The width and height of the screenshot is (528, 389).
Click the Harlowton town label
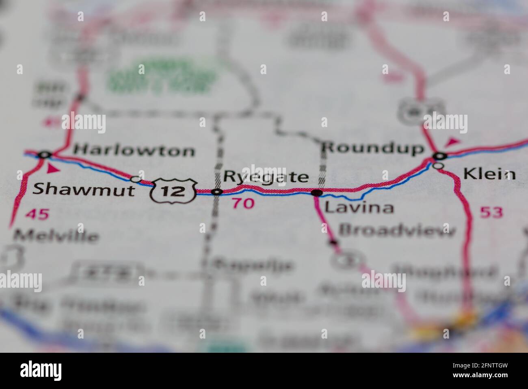(134, 151)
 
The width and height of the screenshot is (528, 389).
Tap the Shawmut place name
(83, 189)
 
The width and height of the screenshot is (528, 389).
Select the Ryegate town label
(266, 177)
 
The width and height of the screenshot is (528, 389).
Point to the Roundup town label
(372, 148)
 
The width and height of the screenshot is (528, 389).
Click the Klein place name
(489, 174)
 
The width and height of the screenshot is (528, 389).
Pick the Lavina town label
(359, 208)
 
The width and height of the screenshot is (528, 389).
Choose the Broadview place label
(397, 230)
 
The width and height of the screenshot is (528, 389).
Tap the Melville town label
(56, 236)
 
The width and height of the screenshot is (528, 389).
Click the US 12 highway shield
(174, 190)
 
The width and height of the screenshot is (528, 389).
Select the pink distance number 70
(243, 203)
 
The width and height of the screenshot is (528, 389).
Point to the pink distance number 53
(491, 212)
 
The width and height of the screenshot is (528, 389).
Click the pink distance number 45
(37, 214)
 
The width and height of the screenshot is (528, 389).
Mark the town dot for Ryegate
(218, 192)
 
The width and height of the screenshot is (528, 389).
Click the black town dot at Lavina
(316, 192)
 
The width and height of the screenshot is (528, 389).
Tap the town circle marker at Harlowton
(44, 155)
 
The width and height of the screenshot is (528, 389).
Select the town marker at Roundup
(439, 155)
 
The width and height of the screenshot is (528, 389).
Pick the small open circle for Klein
(438, 166)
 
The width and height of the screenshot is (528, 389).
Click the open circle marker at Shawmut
(136, 179)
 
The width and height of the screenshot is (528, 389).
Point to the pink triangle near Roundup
(452, 142)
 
